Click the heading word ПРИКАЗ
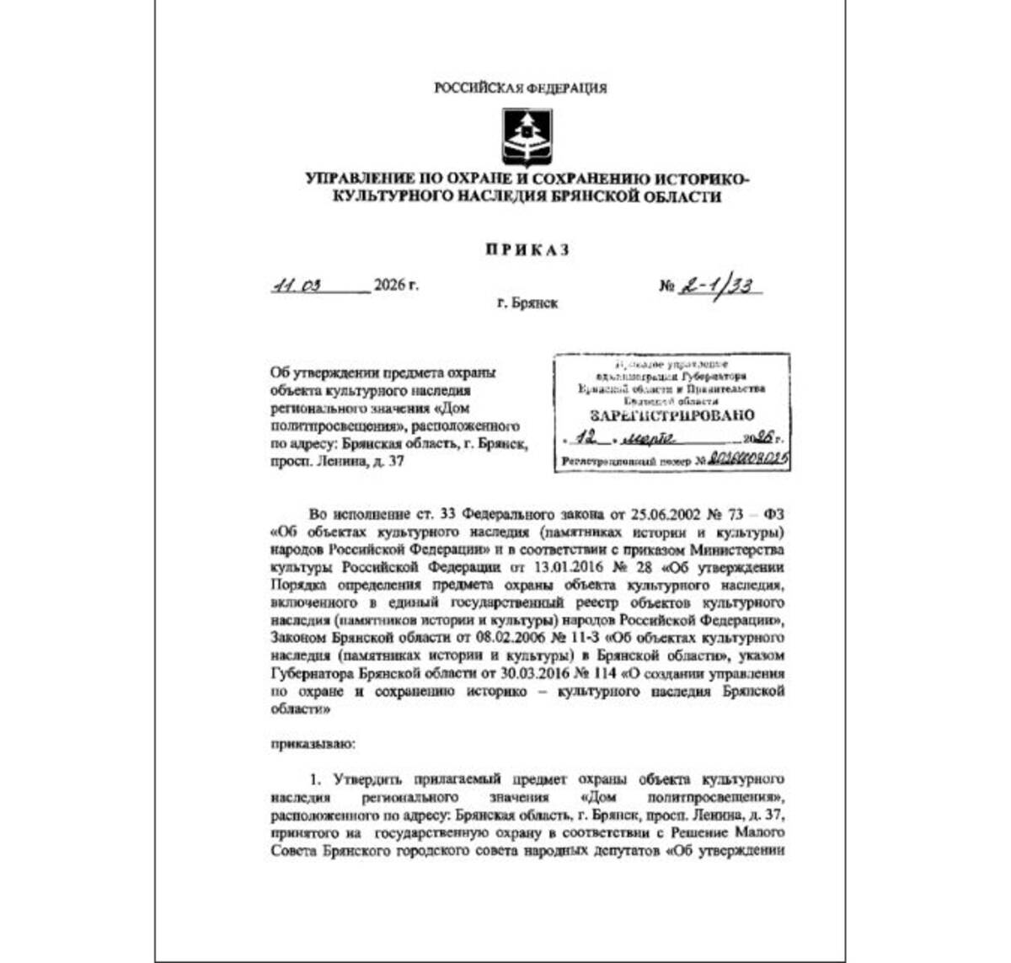[x=527, y=249]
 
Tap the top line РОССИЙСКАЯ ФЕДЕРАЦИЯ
[x=521, y=88]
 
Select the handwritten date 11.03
[x=297, y=286]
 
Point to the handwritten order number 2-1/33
[x=719, y=286]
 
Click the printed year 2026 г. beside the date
[x=396, y=286]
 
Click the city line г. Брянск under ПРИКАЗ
[x=527, y=302]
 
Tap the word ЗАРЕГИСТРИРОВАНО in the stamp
[x=672, y=415]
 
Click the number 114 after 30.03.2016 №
[x=605, y=674]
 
